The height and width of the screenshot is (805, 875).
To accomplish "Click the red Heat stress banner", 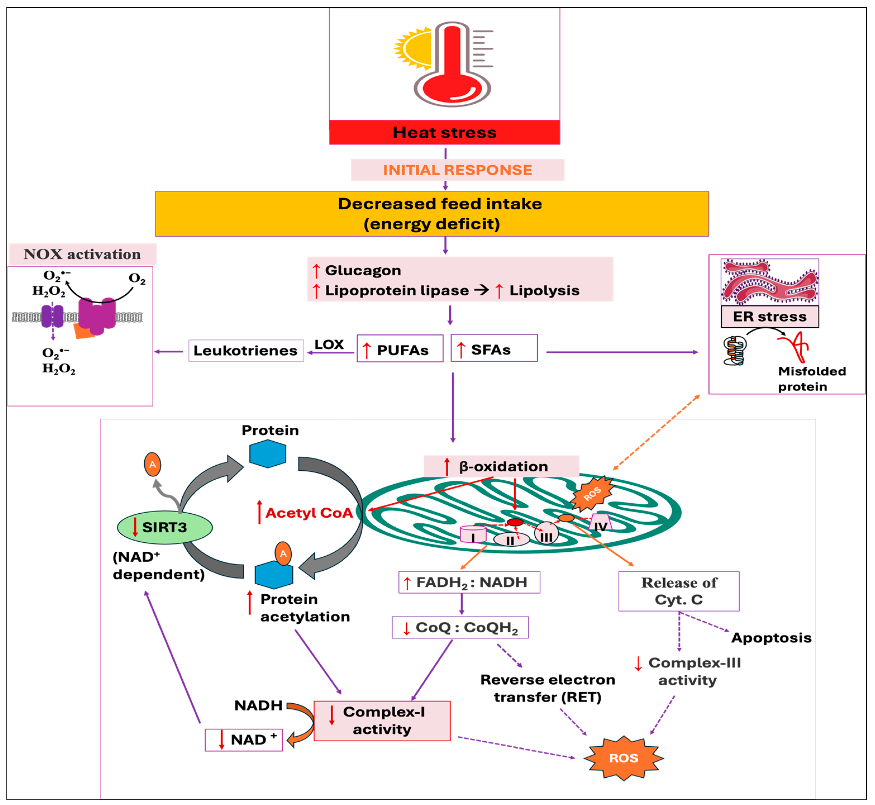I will point(444,132).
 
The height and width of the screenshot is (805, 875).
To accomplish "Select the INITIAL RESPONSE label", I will point(457,170).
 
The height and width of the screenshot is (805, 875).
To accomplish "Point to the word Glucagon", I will point(363,270).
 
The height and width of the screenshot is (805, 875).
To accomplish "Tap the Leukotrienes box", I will point(246,351).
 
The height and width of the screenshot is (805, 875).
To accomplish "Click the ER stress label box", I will point(770,317).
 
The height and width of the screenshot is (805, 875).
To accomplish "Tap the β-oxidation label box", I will point(501,466).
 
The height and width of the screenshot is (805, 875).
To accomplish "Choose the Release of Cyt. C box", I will point(679,591).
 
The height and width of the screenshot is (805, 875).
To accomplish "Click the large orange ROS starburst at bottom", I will point(623,758).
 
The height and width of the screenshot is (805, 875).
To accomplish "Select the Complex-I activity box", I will point(382,721).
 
